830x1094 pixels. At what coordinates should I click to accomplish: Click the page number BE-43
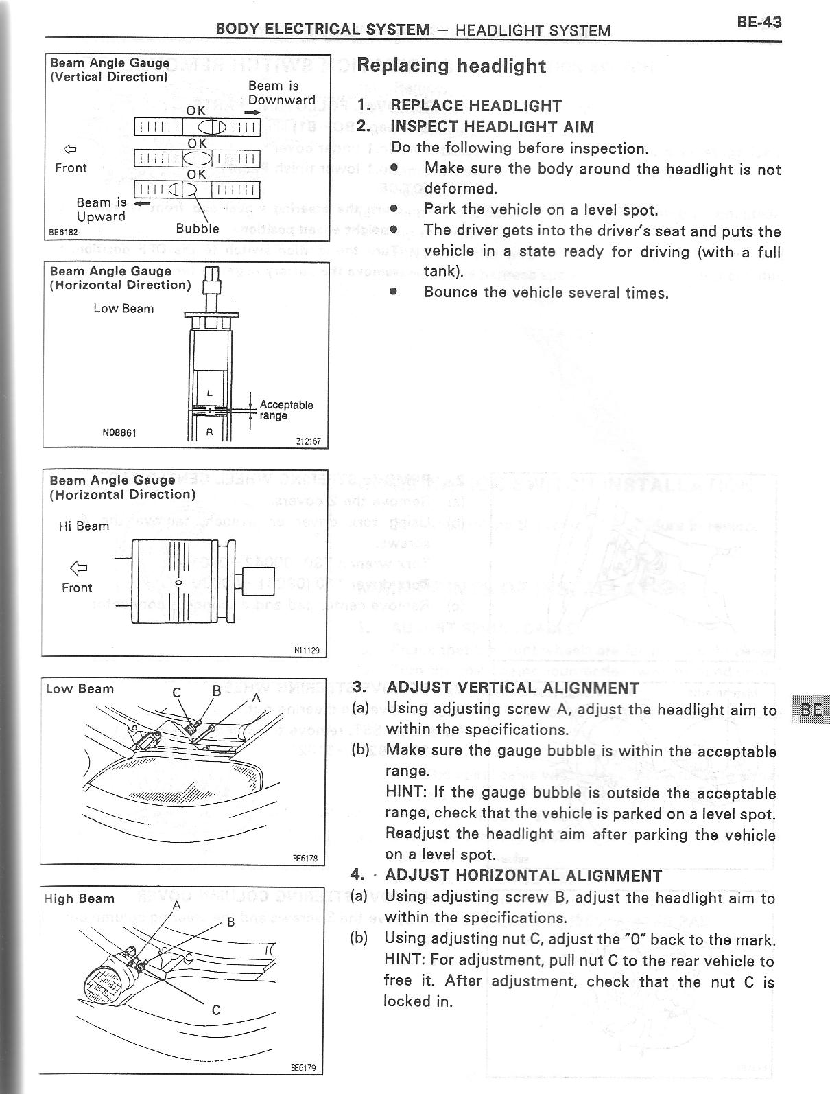click(759, 21)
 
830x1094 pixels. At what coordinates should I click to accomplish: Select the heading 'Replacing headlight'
click(451, 66)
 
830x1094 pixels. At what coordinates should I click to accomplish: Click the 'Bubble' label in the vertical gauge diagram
click(198, 229)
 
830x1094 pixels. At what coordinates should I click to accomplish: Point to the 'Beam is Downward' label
click(281, 93)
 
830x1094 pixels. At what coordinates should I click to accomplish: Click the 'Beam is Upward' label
click(101, 209)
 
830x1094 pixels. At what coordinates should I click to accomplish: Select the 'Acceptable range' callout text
click(286, 410)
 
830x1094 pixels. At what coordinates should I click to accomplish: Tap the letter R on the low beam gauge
click(210, 432)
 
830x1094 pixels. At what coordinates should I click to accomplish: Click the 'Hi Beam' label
click(84, 526)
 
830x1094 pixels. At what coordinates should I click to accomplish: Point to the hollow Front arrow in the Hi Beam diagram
click(79, 567)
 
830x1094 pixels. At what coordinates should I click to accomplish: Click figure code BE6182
click(62, 233)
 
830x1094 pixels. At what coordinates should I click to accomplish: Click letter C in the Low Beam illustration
click(177, 693)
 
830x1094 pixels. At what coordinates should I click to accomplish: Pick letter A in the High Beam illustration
click(176, 905)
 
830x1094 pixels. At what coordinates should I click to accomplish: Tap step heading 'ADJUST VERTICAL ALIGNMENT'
click(512, 688)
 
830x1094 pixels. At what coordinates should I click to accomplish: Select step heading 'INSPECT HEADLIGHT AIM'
click(492, 127)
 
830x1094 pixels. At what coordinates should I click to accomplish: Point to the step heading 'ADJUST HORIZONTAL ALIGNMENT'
click(523, 875)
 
